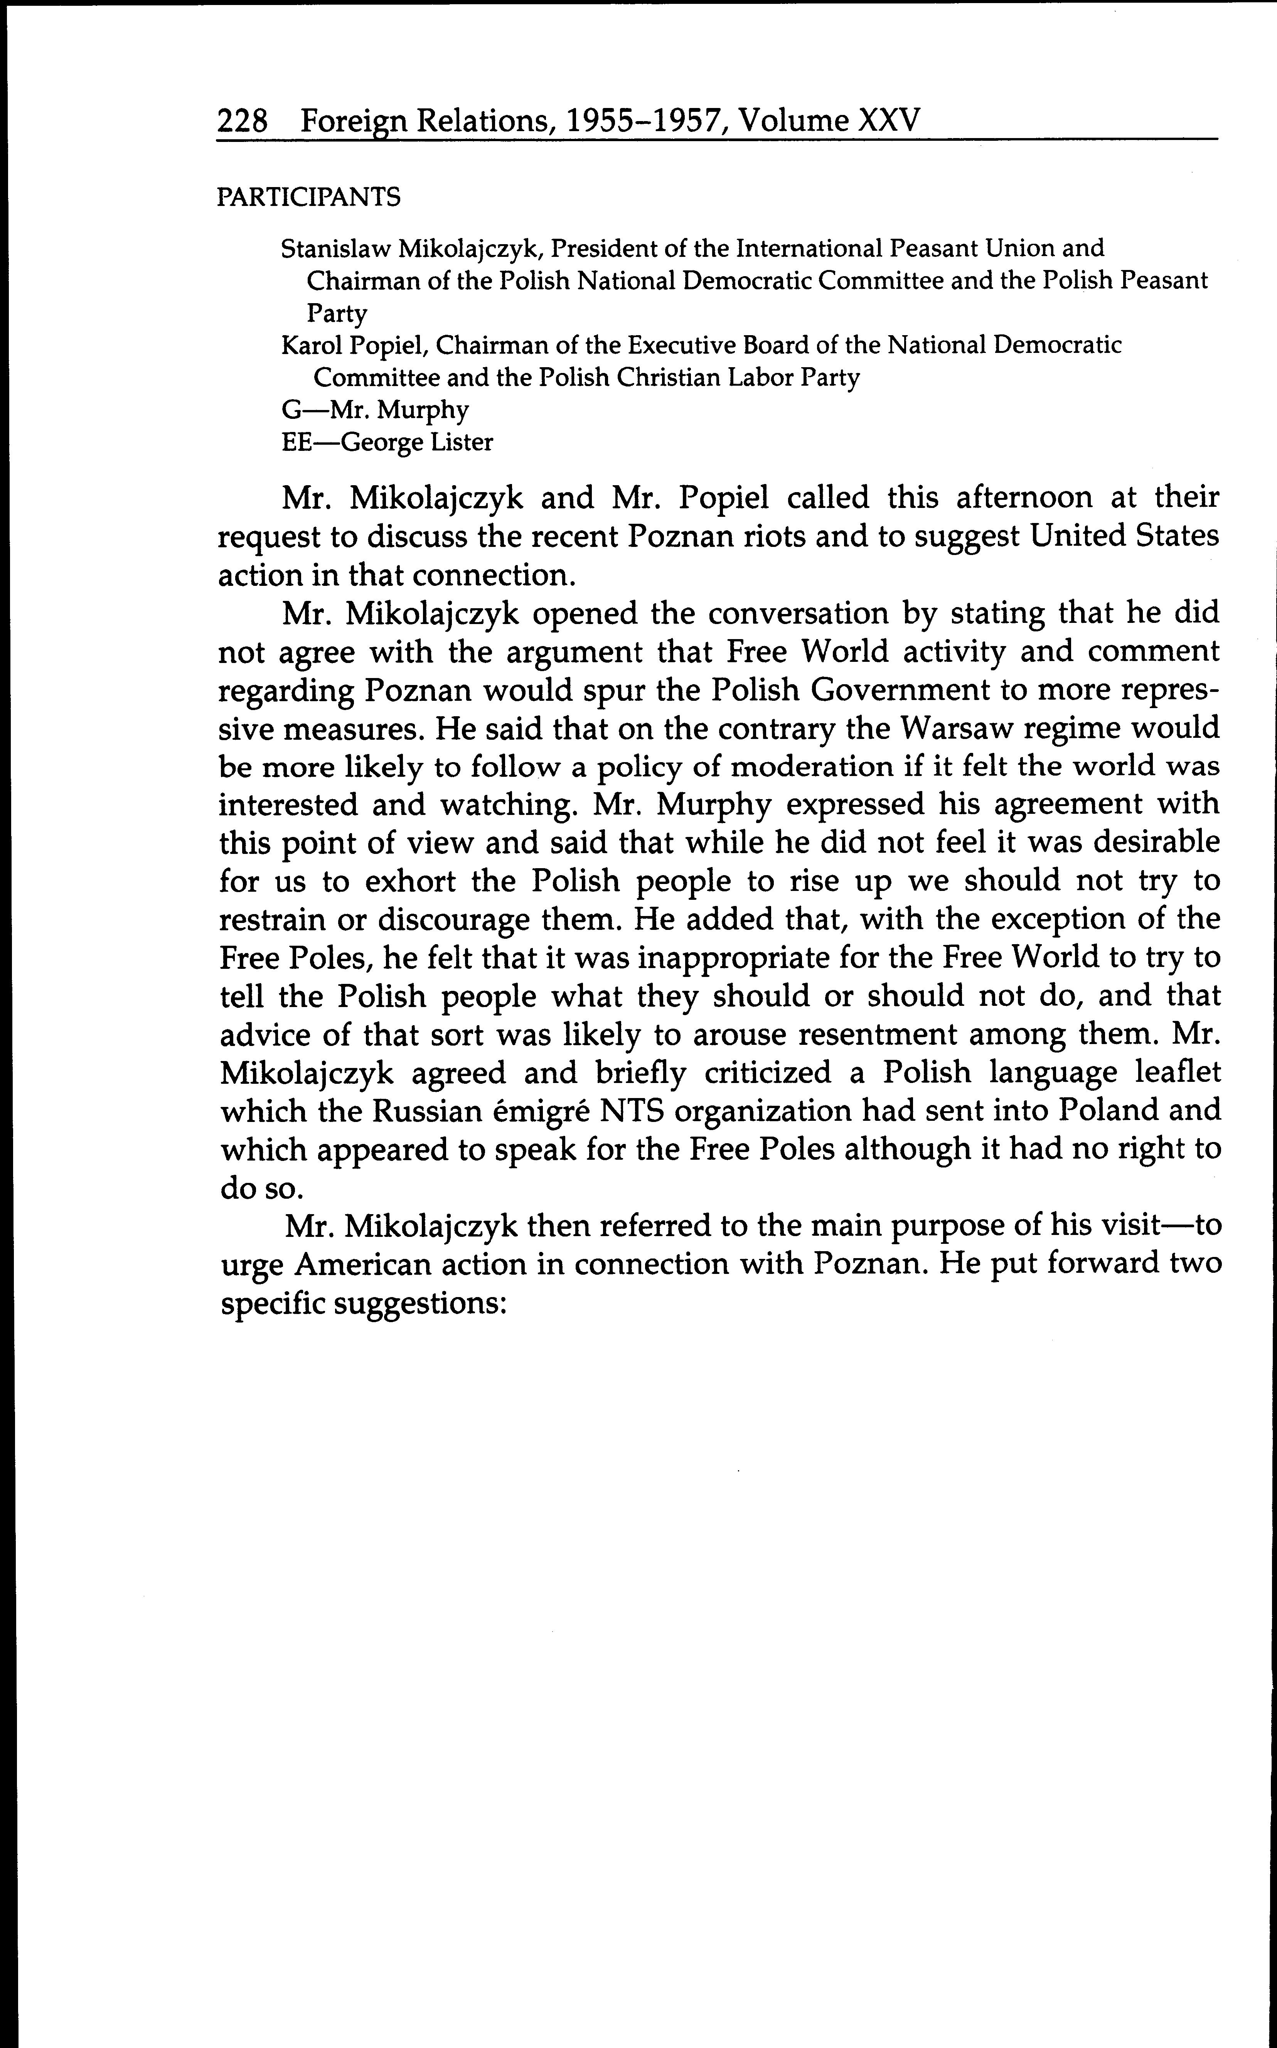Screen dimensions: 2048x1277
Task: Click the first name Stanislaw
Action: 334,248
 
